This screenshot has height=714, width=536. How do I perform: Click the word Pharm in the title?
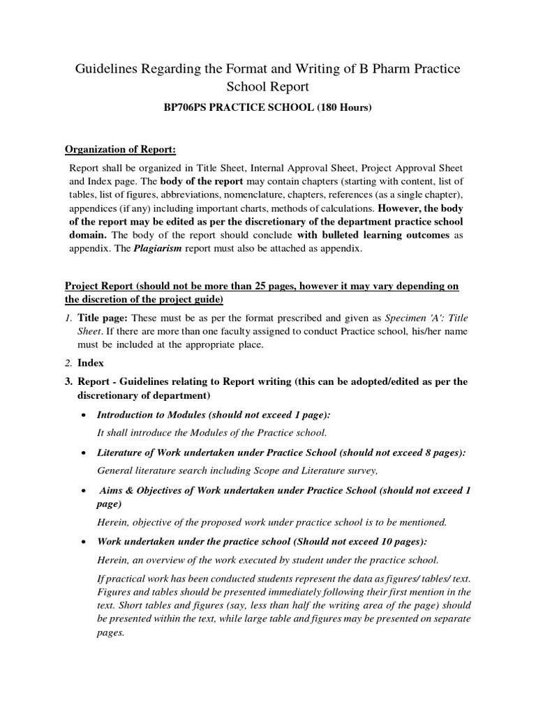(374, 69)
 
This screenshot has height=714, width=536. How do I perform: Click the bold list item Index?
(91, 363)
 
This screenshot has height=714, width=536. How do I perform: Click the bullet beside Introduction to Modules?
(84, 415)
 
